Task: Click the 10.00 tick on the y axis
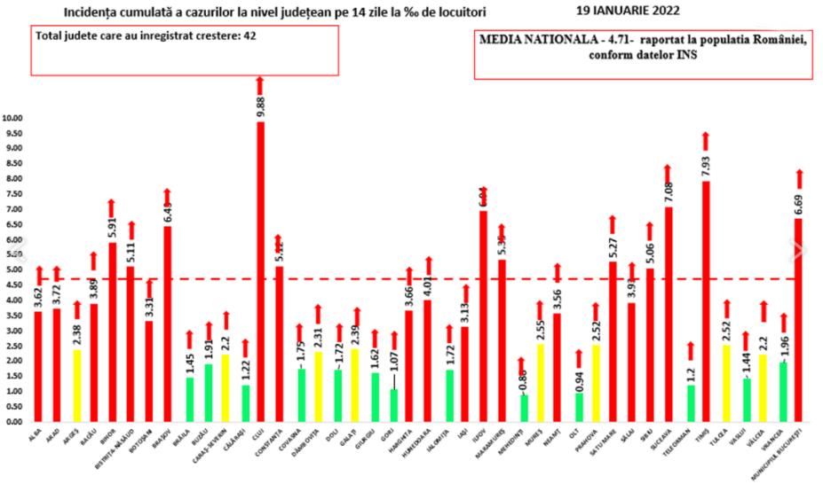coord(14,118)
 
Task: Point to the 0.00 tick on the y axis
coord(14,422)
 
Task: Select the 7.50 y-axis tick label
coord(14,194)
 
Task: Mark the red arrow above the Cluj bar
coord(260,84)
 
